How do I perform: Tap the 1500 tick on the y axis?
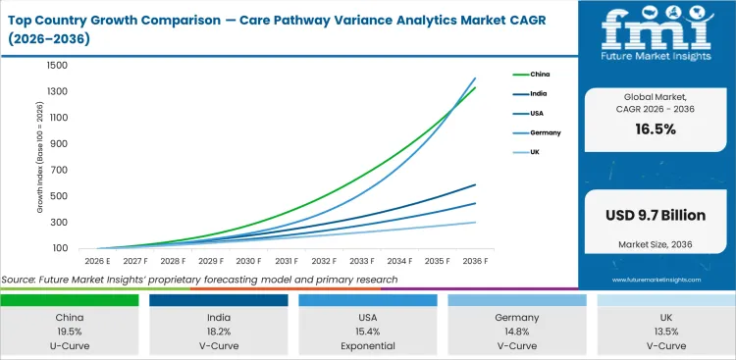[x=56, y=66]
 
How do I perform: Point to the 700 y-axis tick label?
[x=58, y=171]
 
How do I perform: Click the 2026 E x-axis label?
[x=95, y=261]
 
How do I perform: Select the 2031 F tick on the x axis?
[x=287, y=261]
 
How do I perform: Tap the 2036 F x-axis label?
[x=477, y=261]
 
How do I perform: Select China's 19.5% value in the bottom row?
[x=70, y=332]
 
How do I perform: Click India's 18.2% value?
[x=219, y=332]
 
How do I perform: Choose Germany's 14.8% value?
[x=517, y=332]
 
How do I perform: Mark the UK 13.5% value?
[x=665, y=332]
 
